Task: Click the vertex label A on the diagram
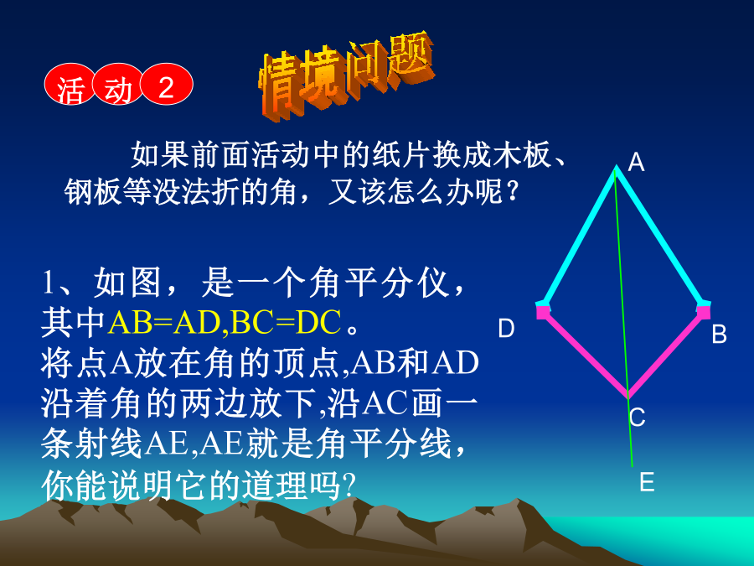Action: coord(636,162)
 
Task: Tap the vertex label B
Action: coord(720,334)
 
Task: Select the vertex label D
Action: coord(506,328)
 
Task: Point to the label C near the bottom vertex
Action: coord(638,417)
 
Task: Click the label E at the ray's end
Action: coord(647,482)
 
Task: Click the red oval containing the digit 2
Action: coord(167,85)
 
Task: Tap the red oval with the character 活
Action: coord(70,85)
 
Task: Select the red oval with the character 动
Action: coord(118,85)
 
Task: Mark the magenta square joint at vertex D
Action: coord(543,312)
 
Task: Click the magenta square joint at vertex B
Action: coord(704,312)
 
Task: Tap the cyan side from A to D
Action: coord(577,235)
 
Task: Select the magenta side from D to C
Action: coord(586,356)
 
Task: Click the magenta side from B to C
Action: coord(665,356)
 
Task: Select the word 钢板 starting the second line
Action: coord(93,192)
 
